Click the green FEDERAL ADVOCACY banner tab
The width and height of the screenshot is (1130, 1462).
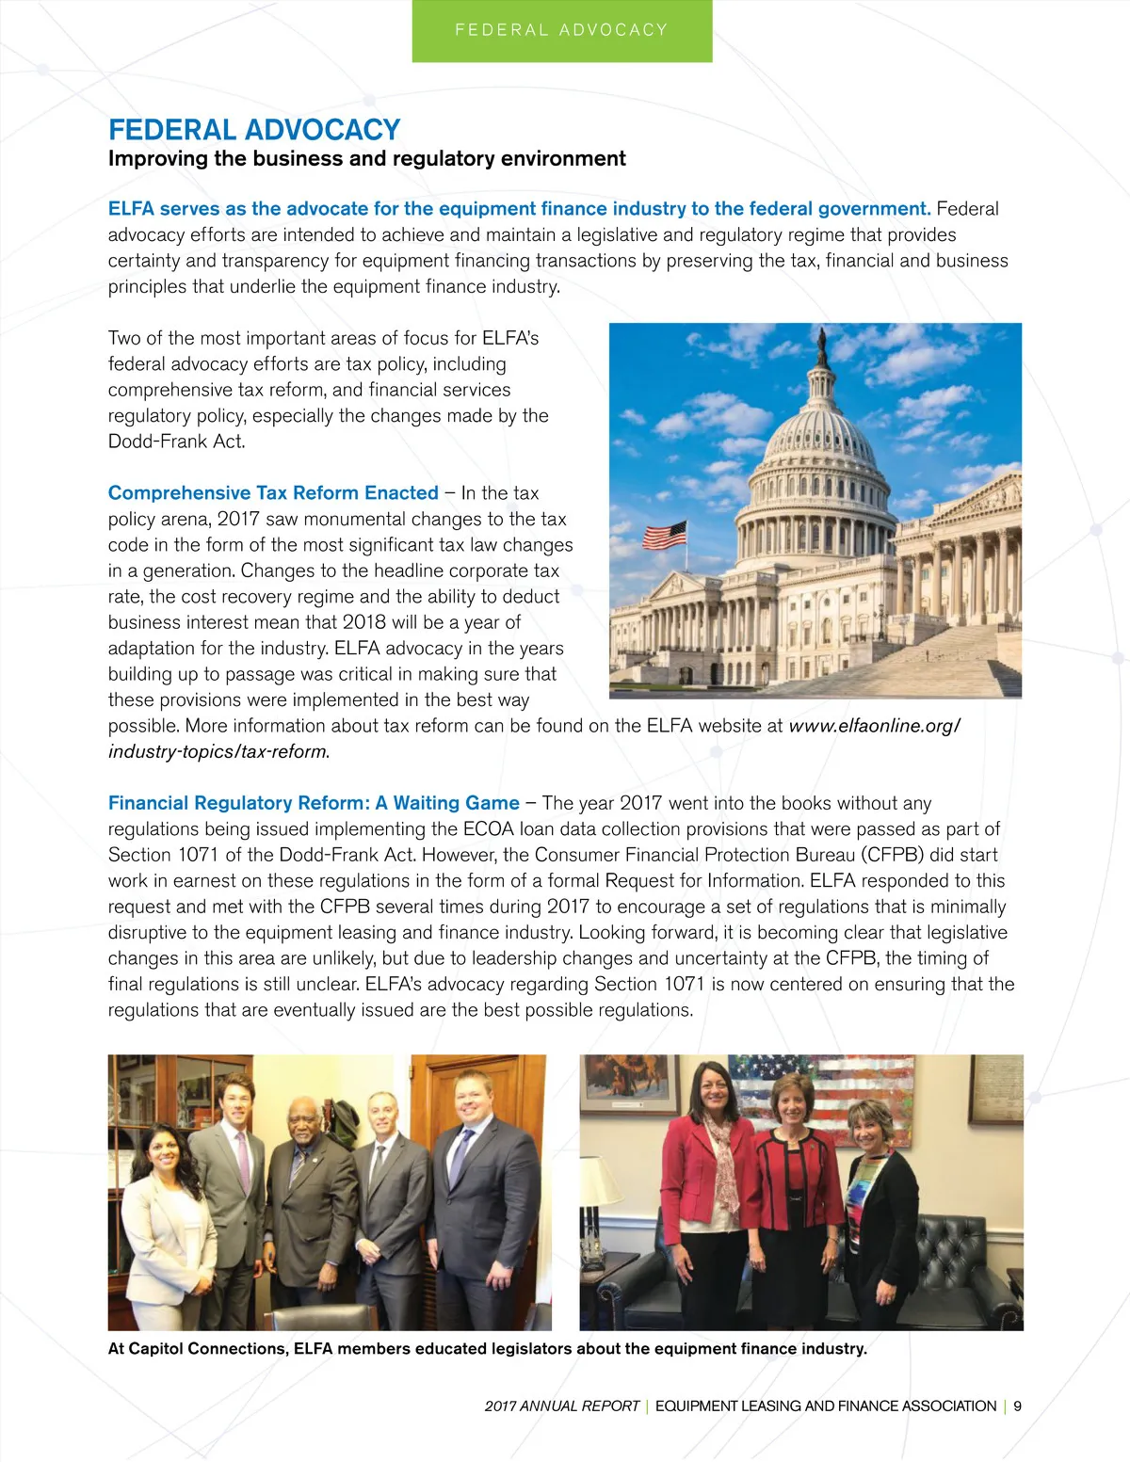562,30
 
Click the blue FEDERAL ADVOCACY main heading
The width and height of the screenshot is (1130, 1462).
254,130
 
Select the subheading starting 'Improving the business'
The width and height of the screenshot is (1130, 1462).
366,158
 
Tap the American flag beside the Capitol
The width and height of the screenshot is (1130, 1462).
664,535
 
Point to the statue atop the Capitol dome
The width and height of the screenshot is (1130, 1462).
822,346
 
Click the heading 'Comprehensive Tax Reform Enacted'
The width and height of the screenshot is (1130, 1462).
273,493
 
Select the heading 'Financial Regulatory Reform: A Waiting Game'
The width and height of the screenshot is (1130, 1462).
314,803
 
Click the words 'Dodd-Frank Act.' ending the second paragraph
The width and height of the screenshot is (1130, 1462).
176,442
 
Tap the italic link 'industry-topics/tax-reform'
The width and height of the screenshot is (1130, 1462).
218,751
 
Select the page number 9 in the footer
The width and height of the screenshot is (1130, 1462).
1017,1406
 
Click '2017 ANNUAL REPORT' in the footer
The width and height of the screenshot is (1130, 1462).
562,1406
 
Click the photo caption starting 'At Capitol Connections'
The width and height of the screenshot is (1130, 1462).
487,1348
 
